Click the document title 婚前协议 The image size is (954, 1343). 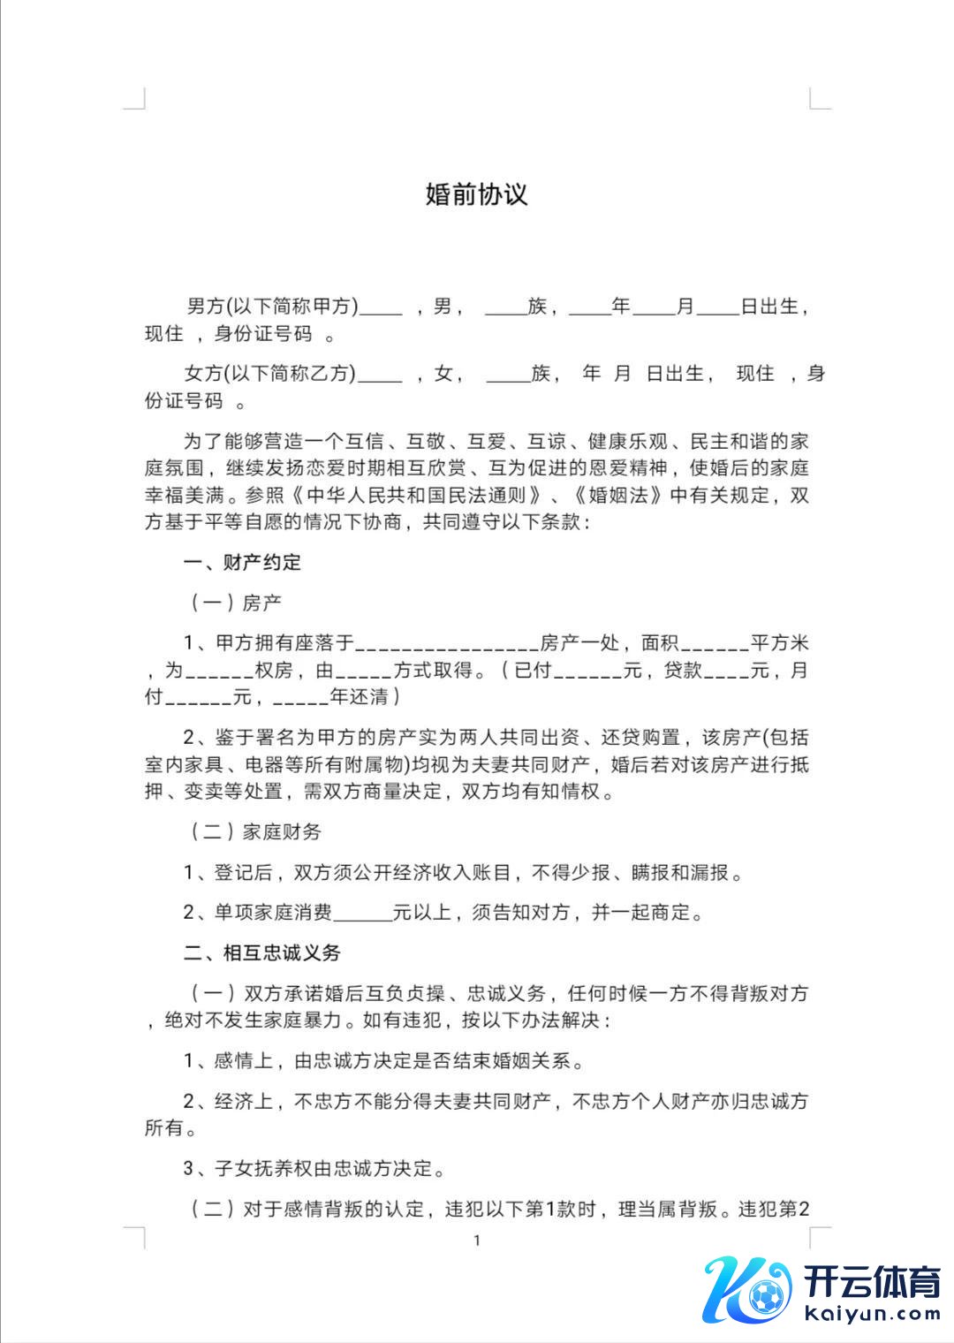[x=476, y=194]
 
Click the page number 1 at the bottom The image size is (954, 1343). [x=477, y=1241]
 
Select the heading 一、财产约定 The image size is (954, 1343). [x=242, y=562]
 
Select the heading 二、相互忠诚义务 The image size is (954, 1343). [x=261, y=952]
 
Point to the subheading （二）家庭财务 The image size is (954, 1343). [x=256, y=831]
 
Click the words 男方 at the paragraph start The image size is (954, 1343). [x=205, y=307]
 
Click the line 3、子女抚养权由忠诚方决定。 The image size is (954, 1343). [x=314, y=1169]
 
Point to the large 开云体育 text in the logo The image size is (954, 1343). [x=873, y=1279]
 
